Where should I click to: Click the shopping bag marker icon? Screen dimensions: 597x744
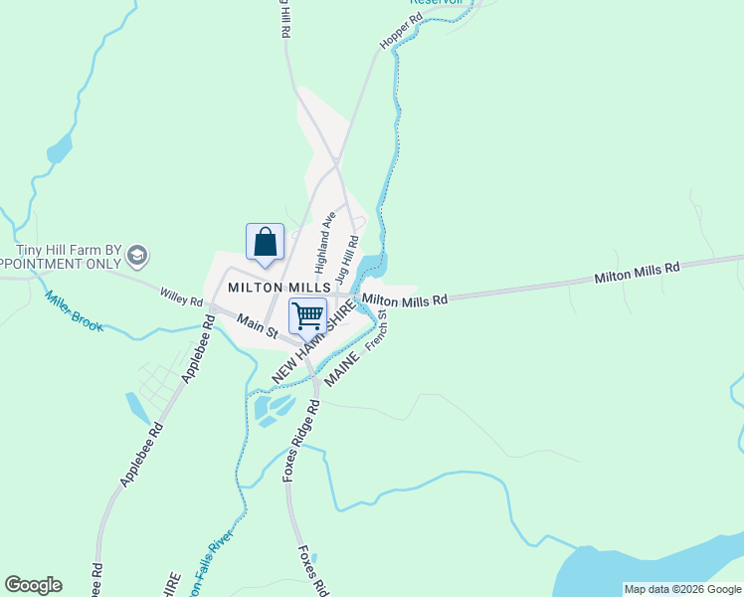coord(266,243)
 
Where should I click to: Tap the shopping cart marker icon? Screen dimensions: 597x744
coord(308,316)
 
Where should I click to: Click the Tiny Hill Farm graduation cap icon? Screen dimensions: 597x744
coord(137,256)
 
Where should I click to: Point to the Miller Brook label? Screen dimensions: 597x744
coord(75,310)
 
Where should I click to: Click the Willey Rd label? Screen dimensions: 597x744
coord(182,297)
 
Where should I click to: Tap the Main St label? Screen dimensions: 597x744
coord(257,329)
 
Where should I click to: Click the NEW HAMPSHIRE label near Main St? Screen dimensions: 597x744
coord(313,343)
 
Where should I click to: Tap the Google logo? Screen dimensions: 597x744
coord(33,585)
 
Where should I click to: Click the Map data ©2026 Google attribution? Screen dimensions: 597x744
coord(682,589)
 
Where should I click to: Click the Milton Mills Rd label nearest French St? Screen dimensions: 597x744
coord(406,298)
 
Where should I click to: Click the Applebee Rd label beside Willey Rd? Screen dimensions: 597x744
coord(196,349)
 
